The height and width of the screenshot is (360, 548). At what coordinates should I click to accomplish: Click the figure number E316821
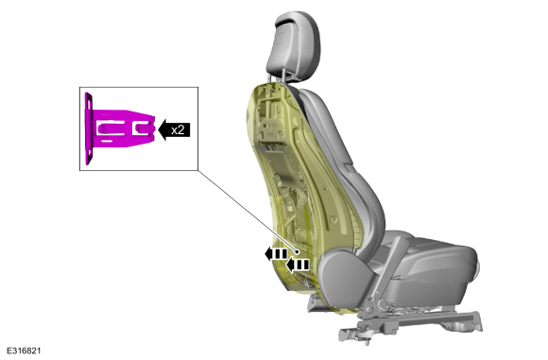[24, 351]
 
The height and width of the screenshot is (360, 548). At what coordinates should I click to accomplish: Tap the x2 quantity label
[178, 129]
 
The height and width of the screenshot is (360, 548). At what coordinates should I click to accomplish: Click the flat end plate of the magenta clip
[89, 129]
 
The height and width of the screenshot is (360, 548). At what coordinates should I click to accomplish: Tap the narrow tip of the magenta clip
[152, 128]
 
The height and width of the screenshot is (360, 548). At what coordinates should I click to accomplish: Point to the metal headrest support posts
[277, 77]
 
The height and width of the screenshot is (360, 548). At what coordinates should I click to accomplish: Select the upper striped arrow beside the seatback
[276, 253]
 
